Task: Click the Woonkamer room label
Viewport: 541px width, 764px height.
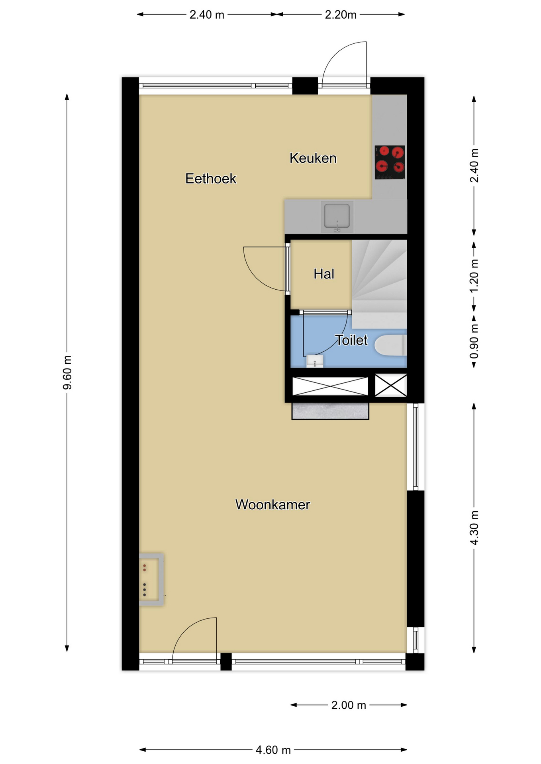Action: point(272,505)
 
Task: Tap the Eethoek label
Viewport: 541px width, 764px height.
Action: point(211,179)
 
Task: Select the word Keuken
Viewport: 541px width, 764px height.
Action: point(313,158)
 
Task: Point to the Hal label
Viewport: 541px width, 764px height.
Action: point(324,274)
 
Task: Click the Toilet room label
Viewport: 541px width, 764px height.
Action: point(351,340)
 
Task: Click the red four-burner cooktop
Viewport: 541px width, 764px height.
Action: point(390,162)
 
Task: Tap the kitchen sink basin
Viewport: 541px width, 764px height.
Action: point(337,217)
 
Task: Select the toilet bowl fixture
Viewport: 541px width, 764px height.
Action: point(390,345)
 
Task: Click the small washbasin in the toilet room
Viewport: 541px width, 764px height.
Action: point(315,361)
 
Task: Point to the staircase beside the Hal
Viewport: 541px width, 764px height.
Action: point(379,283)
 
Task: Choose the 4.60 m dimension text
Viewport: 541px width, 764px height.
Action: point(273,750)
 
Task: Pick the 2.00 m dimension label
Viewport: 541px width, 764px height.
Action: point(349,705)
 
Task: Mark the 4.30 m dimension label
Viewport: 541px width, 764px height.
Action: point(474,528)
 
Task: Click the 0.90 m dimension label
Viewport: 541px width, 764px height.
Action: point(474,341)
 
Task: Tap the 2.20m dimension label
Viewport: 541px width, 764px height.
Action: point(341,15)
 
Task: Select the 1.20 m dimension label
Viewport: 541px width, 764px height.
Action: point(474,276)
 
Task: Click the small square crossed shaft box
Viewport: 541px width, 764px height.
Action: point(391,385)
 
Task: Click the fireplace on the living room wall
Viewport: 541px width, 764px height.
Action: point(151,579)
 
